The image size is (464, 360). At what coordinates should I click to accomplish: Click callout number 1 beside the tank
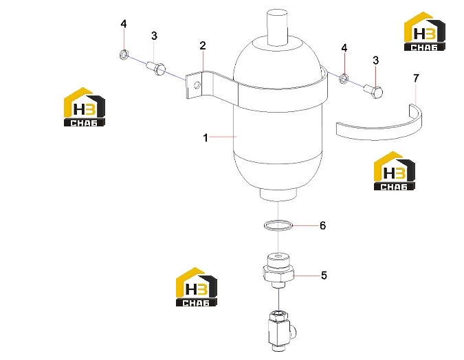tap(206, 138)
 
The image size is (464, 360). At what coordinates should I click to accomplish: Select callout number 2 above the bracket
tap(203, 46)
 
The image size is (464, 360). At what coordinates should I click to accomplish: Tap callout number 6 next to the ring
tap(322, 226)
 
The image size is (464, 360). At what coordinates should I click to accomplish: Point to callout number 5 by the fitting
tap(324, 275)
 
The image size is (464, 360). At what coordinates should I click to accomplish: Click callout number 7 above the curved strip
tap(416, 78)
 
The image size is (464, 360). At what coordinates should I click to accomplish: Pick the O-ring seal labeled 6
tap(278, 225)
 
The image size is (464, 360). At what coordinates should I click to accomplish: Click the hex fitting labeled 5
tap(278, 270)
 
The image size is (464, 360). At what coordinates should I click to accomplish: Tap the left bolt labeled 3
tap(156, 68)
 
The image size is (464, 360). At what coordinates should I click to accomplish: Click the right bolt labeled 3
tap(373, 91)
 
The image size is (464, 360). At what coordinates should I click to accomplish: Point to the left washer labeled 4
tap(124, 54)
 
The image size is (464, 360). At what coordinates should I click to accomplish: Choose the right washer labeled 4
tap(344, 78)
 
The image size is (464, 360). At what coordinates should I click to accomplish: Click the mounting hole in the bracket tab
tap(197, 86)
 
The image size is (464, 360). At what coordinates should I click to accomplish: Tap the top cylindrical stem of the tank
tap(277, 27)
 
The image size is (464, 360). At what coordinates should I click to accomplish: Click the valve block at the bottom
tap(280, 330)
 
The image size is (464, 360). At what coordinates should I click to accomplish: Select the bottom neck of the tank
tap(278, 195)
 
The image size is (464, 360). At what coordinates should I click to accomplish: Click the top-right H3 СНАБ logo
tap(425, 32)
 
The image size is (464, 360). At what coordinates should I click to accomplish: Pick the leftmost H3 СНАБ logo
tap(85, 107)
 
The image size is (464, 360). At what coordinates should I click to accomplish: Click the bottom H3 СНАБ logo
tap(197, 287)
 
